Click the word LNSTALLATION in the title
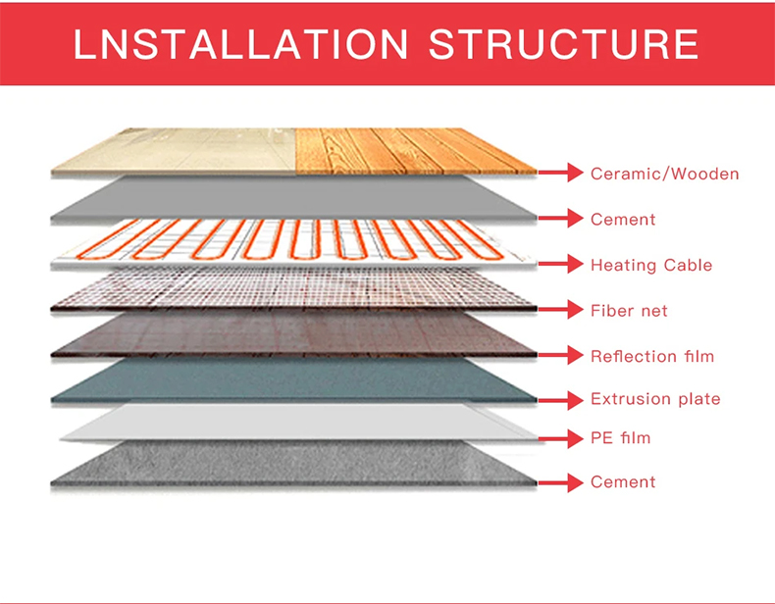(x=241, y=44)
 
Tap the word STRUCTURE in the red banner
(x=564, y=44)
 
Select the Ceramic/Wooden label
(x=665, y=174)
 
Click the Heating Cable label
(x=651, y=265)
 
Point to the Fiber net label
(x=629, y=310)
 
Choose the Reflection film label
(x=652, y=356)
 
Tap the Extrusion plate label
(x=655, y=398)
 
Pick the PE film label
(x=621, y=437)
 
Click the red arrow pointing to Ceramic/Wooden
(x=561, y=173)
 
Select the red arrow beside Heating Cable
(x=561, y=264)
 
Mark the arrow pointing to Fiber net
(x=561, y=309)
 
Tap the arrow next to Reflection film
(x=561, y=355)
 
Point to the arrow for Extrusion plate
(x=561, y=400)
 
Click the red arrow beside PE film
(x=561, y=438)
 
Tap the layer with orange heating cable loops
(x=294, y=242)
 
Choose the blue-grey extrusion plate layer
(x=294, y=380)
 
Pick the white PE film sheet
(x=299, y=422)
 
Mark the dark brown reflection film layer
(x=294, y=334)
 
